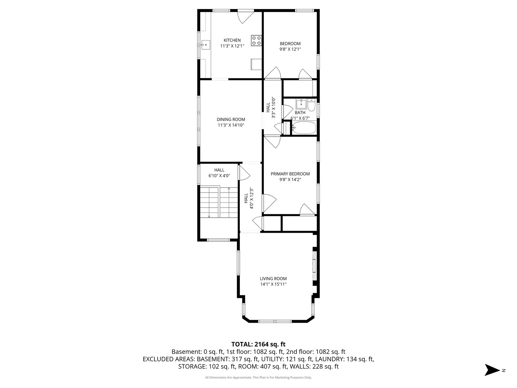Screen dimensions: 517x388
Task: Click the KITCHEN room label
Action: click(232, 40)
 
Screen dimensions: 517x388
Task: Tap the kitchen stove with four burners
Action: click(256, 40)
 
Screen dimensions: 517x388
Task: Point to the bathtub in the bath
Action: click(304, 128)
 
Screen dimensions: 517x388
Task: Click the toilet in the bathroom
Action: click(311, 105)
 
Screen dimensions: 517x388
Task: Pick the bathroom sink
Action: click(301, 103)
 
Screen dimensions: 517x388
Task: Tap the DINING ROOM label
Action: click(231, 119)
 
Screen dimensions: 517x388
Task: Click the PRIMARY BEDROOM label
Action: click(290, 174)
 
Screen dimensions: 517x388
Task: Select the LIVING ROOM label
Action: click(273, 278)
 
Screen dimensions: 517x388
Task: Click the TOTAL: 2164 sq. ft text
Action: click(258, 344)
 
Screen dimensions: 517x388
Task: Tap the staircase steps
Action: click(219, 202)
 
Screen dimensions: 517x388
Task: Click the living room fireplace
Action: click(315, 265)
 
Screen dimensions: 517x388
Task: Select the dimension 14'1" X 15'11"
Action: click(273, 284)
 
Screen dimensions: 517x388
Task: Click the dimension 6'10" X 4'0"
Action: click(219, 176)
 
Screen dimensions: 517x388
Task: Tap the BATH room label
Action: click(300, 112)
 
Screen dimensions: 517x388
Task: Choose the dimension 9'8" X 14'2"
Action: click(290, 180)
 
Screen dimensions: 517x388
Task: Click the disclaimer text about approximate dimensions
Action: click(258, 377)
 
